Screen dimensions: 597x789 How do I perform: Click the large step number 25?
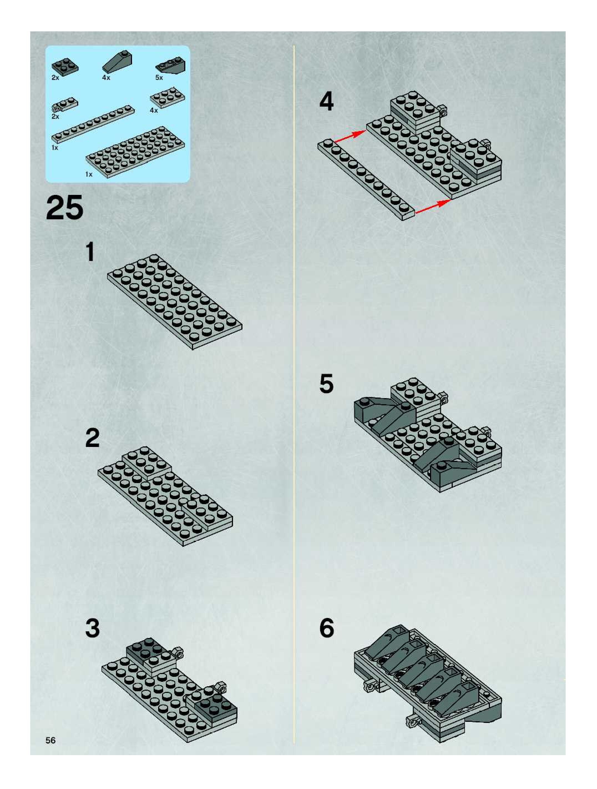65,208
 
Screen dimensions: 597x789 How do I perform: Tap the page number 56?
50,740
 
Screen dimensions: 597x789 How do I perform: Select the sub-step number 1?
90,252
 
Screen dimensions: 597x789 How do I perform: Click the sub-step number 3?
92,628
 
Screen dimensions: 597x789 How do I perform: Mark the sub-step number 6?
327,628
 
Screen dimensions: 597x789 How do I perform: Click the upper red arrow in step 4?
350,137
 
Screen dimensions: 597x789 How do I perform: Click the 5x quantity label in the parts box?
159,78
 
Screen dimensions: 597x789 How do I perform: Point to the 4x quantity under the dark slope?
106,78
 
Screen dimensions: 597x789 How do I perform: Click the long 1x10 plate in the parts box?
93,124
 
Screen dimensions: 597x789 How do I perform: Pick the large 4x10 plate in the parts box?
135,151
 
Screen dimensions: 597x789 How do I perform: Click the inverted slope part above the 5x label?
170,65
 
